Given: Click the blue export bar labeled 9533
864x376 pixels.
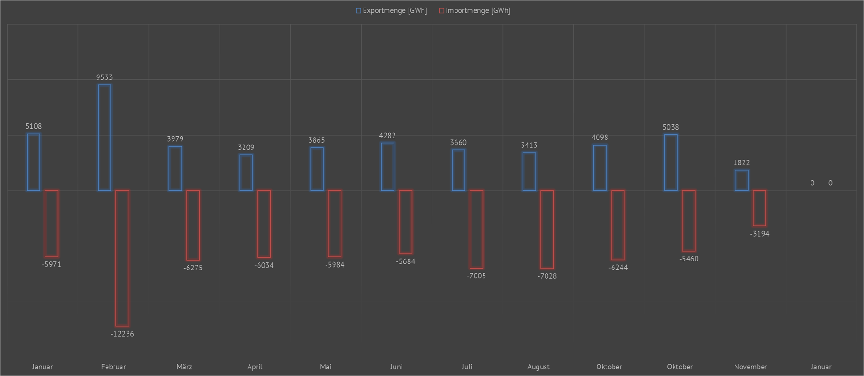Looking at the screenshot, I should tap(104, 138).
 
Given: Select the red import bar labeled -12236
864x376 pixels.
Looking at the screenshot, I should tap(122, 258).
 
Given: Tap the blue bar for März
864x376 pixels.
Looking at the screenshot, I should tap(175, 168).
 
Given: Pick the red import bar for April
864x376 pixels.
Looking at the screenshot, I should tap(264, 223).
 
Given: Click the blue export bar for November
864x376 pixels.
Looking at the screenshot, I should tap(742, 180).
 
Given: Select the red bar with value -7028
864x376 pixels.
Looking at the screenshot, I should tap(547, 229).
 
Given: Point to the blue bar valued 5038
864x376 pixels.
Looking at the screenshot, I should tap(671, 162).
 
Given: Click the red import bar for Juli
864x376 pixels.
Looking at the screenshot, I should tap(476, 229).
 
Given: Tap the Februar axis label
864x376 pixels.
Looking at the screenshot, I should tap(114, 367).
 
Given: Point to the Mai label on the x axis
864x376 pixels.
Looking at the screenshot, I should tap(326, 367).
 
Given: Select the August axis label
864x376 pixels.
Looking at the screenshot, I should tap(538, 367).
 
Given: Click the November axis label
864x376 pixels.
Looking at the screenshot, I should tap(750, 367).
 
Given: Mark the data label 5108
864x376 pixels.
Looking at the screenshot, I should tap(33, 126).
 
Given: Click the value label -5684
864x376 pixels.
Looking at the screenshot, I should tap(405, 261).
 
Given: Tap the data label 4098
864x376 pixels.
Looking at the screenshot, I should tap(599, 138).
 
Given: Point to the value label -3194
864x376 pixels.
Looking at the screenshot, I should tap(759, 234).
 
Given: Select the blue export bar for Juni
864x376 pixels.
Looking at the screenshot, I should tap(387, 167).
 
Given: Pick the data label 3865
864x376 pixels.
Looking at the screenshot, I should tap(316, 140).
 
